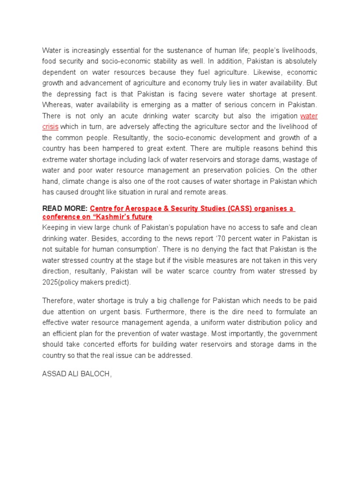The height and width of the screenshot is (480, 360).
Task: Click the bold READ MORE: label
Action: coord(65,209)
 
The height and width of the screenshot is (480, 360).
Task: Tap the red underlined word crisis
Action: coord(50,127)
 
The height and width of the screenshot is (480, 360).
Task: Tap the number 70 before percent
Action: coord(217,239)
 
